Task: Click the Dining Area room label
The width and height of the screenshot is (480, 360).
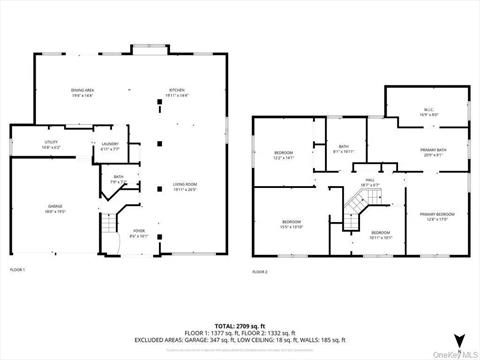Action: click(x=83, y=90)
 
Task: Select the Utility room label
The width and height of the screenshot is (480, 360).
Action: click(x=25, y=145)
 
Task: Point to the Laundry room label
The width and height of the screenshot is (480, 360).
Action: click(x=110, y=146)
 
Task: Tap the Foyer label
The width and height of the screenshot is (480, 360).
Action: click(x=139, y=235)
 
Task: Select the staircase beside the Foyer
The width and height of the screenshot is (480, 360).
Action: click(x=112, y=232)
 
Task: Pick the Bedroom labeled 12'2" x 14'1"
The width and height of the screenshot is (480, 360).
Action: click(x=283, y=156)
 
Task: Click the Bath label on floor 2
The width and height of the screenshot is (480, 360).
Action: click(x=343, y=149)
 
